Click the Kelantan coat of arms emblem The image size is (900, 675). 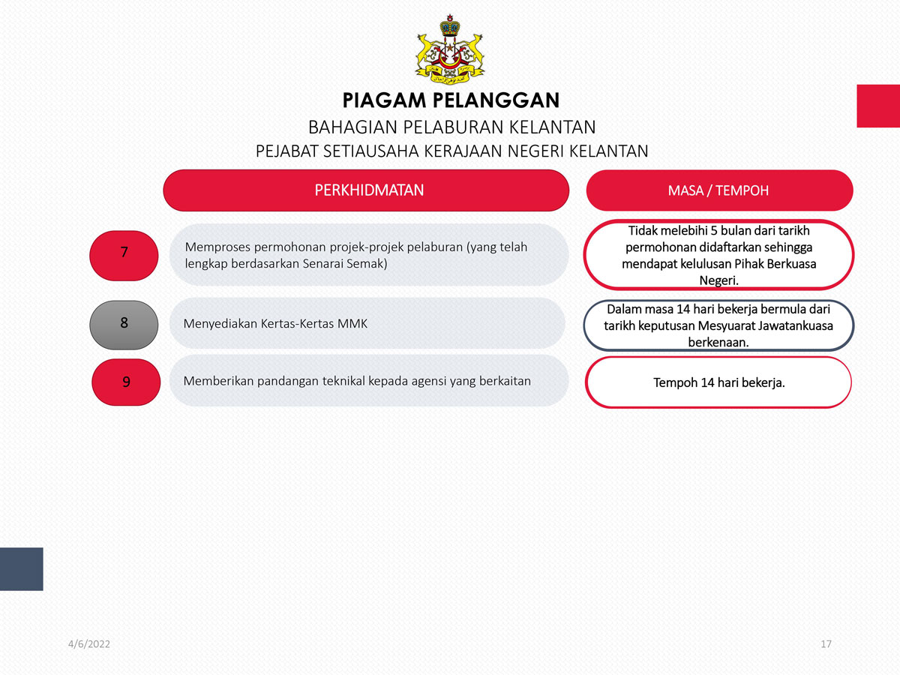pos(450,49)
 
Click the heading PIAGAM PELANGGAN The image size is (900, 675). pos(451,100)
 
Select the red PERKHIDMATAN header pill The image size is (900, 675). pos(366,190)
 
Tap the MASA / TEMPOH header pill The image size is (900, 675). pos(719,190)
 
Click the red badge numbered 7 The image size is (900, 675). pos(124,256)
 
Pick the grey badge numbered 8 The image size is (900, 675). pos(124,325)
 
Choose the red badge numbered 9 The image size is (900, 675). pos(126,382)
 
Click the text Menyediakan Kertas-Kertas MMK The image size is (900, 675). pos(275,324)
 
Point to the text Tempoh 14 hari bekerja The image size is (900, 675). pos(718,382)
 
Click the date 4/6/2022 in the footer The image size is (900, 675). pos(89,643)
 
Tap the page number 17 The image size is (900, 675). pos(826,643)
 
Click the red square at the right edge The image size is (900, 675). pos(878,106)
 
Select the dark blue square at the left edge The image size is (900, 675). pos(21,568)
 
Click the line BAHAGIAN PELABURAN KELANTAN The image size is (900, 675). pos(451,127)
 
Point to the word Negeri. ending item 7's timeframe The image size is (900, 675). pos(718,280)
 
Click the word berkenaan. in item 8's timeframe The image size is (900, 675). pos(718,342)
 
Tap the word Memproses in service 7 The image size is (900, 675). pos(217,247)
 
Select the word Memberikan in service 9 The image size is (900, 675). pos(218,381)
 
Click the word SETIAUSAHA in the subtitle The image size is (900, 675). pos(371,151)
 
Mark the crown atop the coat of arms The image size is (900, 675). pos(450,25)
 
